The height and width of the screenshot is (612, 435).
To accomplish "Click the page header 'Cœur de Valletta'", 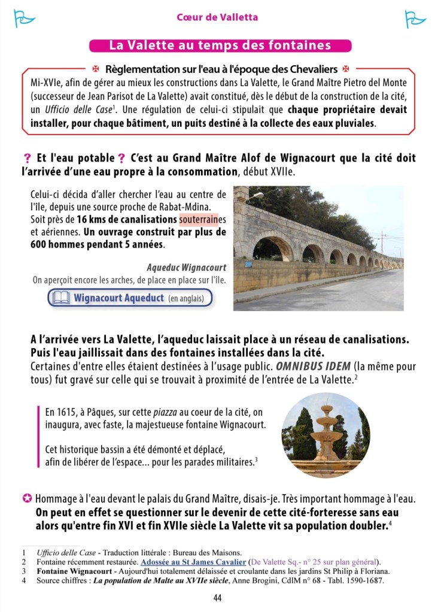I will click(x=217, y=17).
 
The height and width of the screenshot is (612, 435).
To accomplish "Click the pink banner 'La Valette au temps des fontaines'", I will click(x=220, y=45).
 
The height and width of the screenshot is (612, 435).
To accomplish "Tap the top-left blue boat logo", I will click(x=22, y=19).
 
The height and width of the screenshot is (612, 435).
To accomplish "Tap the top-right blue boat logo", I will click(x=415, y=19).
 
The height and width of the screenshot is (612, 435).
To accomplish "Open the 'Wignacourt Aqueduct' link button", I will click(x=130, y=297).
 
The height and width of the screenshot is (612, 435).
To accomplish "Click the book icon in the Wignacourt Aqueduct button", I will click(x=61, y=297).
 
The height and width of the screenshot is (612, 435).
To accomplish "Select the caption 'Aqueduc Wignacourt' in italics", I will click(x=186, y=267).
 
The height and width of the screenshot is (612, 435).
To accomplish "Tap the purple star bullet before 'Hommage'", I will click(x=27, y=498).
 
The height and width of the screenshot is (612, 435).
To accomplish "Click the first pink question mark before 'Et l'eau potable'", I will click(x=27, y=159).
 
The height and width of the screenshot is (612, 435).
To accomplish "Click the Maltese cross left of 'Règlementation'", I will click(x=96, y=69).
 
